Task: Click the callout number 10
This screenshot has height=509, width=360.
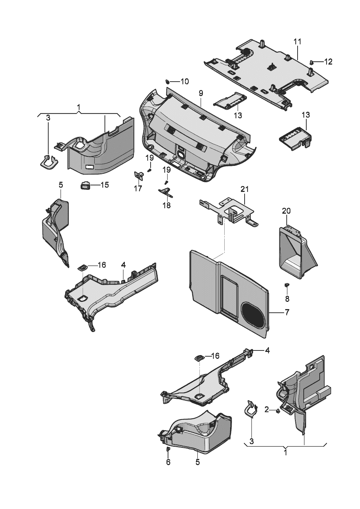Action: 184,81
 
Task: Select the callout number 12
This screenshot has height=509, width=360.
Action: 328,62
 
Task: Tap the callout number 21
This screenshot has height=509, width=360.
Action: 245,189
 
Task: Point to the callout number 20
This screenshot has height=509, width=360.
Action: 286,211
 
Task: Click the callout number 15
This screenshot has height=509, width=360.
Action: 104,185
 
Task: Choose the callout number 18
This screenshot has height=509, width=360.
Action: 167,205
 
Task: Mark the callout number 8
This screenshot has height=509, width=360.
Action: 287,299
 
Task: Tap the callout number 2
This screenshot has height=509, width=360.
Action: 267,410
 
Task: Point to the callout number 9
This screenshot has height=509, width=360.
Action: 201,93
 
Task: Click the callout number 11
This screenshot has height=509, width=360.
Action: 297,41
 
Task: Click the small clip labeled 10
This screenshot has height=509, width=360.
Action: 168,81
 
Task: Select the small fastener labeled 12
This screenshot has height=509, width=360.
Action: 312,62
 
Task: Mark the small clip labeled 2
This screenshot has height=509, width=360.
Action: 278,411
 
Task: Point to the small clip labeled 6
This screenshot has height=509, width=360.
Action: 168,450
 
